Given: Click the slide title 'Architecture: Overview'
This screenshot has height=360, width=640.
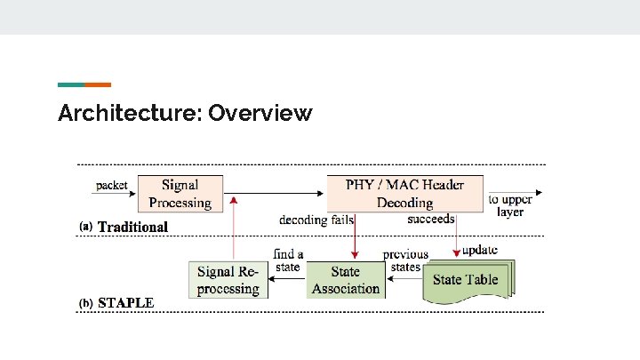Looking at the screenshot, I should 185,114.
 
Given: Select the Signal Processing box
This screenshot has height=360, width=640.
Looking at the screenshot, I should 180,194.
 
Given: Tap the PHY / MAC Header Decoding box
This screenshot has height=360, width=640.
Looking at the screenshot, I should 404,194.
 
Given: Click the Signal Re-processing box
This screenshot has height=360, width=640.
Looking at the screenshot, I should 228,279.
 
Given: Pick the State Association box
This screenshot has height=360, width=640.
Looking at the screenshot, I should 346,279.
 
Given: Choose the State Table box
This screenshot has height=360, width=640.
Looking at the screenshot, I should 466,280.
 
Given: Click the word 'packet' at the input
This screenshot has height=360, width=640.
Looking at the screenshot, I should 112,186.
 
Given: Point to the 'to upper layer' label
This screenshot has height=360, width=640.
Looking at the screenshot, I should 510,206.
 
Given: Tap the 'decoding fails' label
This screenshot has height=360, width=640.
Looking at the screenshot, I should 316,220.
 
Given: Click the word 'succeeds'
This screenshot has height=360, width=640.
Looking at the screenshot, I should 431,219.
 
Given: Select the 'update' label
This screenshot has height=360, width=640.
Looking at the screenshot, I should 480,250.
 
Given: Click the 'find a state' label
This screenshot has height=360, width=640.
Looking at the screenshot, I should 288,260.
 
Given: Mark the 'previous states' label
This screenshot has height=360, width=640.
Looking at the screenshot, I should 405,260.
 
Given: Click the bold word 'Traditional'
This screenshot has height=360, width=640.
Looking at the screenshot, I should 132,227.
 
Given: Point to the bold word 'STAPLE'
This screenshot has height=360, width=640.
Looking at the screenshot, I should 125,302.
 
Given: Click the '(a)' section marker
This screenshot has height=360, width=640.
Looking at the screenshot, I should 86,227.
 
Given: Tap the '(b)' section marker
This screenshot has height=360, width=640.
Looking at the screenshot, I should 86,303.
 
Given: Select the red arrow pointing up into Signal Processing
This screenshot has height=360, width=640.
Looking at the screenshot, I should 233,231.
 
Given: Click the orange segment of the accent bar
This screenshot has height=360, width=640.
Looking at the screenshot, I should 98,85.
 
